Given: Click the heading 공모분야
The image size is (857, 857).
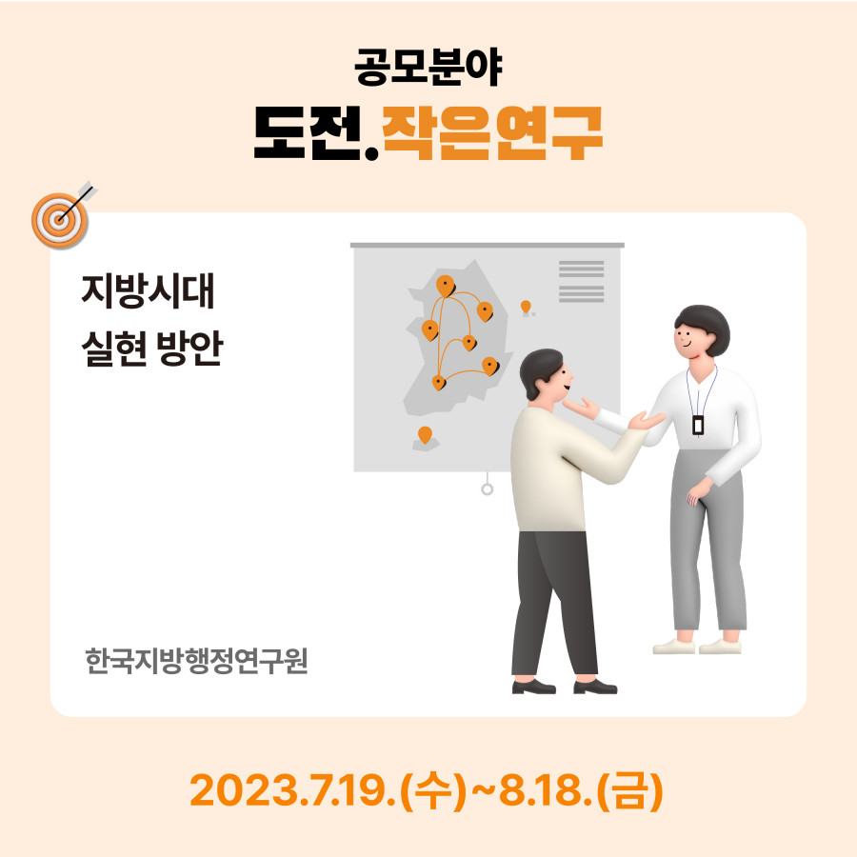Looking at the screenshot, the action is (x=428, y=68).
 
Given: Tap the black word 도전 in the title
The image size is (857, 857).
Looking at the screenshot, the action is (x=309, y=132).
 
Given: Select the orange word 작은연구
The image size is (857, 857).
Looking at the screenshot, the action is (x=492, y=132).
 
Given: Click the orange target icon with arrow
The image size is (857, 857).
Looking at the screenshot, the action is (x=63, y=215).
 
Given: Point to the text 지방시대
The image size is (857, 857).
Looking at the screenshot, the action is (x=148, y=290).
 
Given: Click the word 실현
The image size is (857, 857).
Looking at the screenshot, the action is (x=114, y=349).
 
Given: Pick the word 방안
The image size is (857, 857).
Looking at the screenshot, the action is (x=189, y=349).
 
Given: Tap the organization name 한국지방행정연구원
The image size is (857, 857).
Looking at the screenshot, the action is (x=197, y=661).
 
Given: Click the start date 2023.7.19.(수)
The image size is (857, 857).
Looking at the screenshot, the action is (x=328, y=790).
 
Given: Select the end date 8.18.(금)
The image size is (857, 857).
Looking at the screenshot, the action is (x=582, y=790).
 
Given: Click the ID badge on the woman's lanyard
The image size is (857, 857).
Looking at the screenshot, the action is (x=697, y=425).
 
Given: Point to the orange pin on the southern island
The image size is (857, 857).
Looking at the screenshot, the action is (x=425, y=435).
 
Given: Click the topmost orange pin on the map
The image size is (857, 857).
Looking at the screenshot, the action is (x=446, y=286).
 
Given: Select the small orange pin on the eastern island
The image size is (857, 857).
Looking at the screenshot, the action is (x=526, y=308).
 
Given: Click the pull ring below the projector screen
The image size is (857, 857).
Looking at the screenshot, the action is (x=487, y=489).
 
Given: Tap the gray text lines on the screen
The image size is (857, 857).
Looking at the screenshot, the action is (x=582, y=282).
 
